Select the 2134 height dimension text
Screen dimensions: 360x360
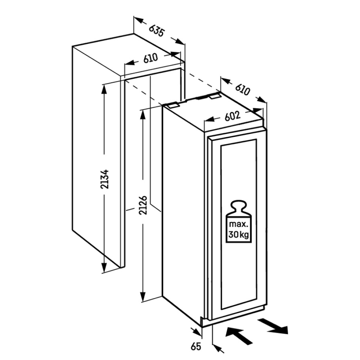pyautogui.click(x=105, y=179)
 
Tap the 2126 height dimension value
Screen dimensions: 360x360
pyautogui.click(x=143, y=205)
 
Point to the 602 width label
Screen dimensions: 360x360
pyautogui.click(x=232, y=116)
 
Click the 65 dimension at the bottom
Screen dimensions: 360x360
pyautogui.click(x=196, y=346)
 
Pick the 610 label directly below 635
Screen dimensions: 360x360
pyautogui.click(x=150, y=58)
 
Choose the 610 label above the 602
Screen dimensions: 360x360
pyautogui.click(x=242, y=90)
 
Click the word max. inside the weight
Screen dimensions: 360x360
pyautogui.click(x=238, y=224)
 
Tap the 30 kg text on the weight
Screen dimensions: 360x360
pyautogui.click(x=239, y=235)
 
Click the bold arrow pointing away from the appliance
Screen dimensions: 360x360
pyautogui.click(x=273, y=326)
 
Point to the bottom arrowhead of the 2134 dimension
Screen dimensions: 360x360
pyautogui.click(x=104, y=267)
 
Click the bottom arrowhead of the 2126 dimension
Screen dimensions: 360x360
pyautogui.click(x=143, y=296)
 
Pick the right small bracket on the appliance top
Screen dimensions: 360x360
pyautogui.click(x=215, y=96)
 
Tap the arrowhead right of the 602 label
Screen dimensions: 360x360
pyautogui.click(x=258, y=111)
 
